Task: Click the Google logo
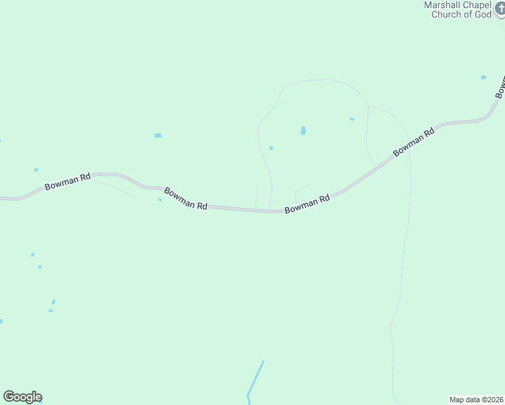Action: click(x=22, y=397)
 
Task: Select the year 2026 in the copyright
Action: click(x=494, y=400)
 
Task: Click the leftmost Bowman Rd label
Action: click(x=68, y=181)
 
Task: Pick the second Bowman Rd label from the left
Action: click(x=186, y=198)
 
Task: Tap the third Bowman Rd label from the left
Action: click(x=307, y=204)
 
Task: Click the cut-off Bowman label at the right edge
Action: click(x=500, y=87)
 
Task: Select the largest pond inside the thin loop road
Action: click(x=303, y=130)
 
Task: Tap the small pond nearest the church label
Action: click(x=483, y=78)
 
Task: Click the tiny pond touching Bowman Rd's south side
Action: click(x=160, y=199)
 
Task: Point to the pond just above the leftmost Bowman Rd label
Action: click(x=36, y=169)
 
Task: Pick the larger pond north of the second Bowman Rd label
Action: click(x=157, y=136)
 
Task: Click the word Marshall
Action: click(x=443, y=5)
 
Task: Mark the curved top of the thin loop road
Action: click(x=317, y=80)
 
